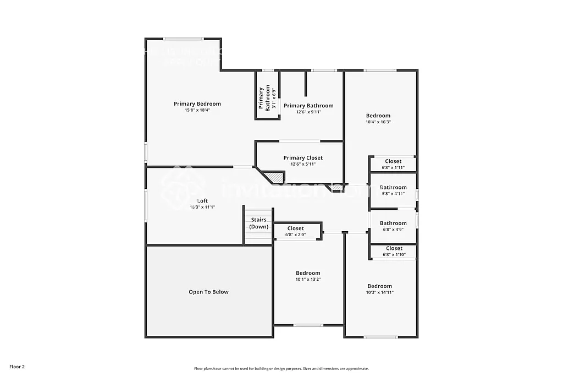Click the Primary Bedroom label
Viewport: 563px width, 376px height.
[197, 103]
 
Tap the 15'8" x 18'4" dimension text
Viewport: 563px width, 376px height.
[197, 110]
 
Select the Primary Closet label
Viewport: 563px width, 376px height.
[303, 158]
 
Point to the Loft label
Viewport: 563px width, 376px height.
[202, 201]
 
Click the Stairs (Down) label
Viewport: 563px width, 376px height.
[258, 223]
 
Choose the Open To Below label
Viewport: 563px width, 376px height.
[208, 292]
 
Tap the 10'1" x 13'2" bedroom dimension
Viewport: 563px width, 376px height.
[308, 280]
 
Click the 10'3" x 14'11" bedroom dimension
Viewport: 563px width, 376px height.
[380, 292]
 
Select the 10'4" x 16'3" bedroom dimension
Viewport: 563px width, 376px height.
[378, 122]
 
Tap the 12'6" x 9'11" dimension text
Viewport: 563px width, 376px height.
[308, 112]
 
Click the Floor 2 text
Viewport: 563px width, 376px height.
[17, 366]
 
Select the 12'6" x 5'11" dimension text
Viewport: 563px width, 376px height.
[303, 164]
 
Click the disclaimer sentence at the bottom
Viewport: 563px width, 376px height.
[281, 369]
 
